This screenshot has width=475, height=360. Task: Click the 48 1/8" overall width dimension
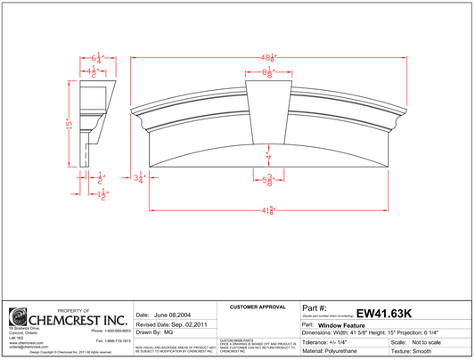(267, 57)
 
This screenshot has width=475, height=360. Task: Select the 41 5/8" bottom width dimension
(267, 210)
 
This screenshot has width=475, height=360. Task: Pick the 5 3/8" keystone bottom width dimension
(267, 182)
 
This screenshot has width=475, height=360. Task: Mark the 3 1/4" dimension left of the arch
(138, 178)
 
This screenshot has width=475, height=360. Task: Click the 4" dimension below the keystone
(267, 157)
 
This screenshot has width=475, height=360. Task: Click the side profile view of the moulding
(96, 120)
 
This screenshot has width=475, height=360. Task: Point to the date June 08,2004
(164, 315)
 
